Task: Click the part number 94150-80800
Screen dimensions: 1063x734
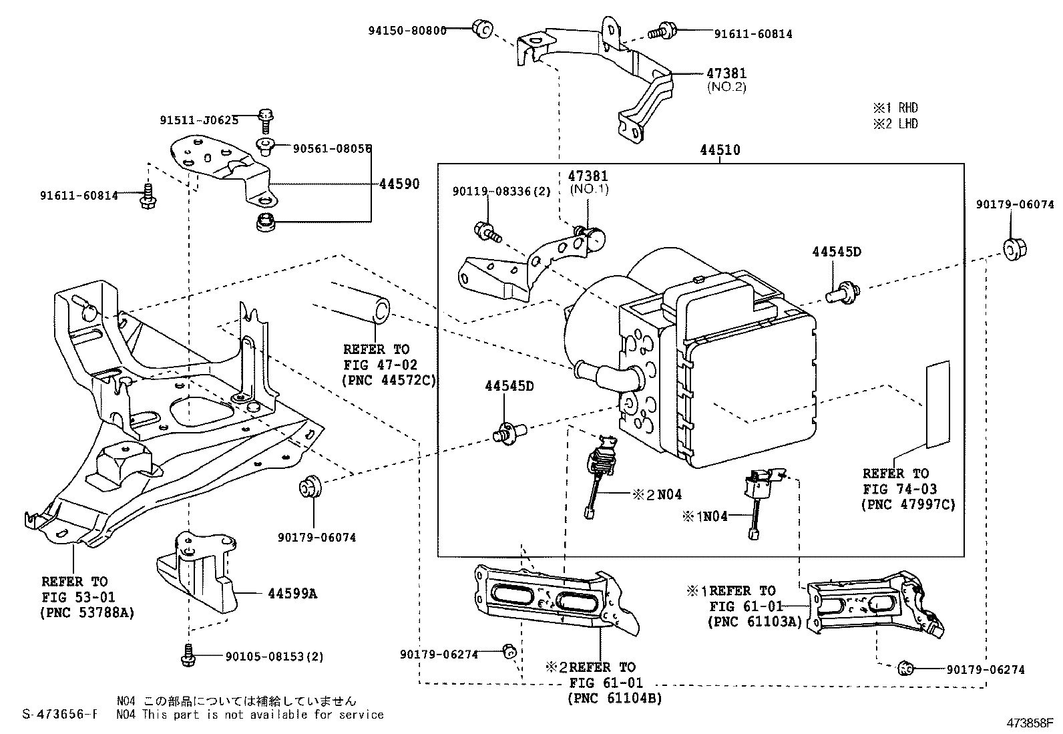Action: click(x=407, y=31)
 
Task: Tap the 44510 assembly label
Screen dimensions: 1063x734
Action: click(x=720, y=150)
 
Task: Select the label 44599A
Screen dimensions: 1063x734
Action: click(x=292, y=594)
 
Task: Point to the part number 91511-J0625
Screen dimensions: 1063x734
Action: click(x=199, y=120)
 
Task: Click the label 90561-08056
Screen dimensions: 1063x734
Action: click(x=333, y=149)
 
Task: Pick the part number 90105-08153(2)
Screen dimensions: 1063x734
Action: click(x=274, y=657)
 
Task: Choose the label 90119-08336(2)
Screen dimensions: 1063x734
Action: click(x=501, y=191)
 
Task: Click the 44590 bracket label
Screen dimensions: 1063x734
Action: click(x=399, y=184)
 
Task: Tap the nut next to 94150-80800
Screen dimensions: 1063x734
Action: click(x=483, y=29)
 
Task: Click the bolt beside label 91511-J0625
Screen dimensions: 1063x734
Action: click(x=266, y=121)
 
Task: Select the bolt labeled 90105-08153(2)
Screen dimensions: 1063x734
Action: click(x=188, y=655)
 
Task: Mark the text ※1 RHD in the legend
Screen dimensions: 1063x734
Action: click(x=895, y=108)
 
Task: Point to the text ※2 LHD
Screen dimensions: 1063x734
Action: click(x=895, y=124)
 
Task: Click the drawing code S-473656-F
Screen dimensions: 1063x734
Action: click(x=60, y=714)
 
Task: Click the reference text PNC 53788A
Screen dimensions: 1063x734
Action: click(x=87, y=613)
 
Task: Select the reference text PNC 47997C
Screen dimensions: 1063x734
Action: click(x=908, y=505)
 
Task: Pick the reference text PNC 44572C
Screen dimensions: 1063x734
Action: click(x=389, y=380)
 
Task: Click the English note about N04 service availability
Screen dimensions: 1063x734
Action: click(x=250, y=715)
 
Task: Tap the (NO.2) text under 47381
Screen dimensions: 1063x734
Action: click(x=726, y=87)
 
